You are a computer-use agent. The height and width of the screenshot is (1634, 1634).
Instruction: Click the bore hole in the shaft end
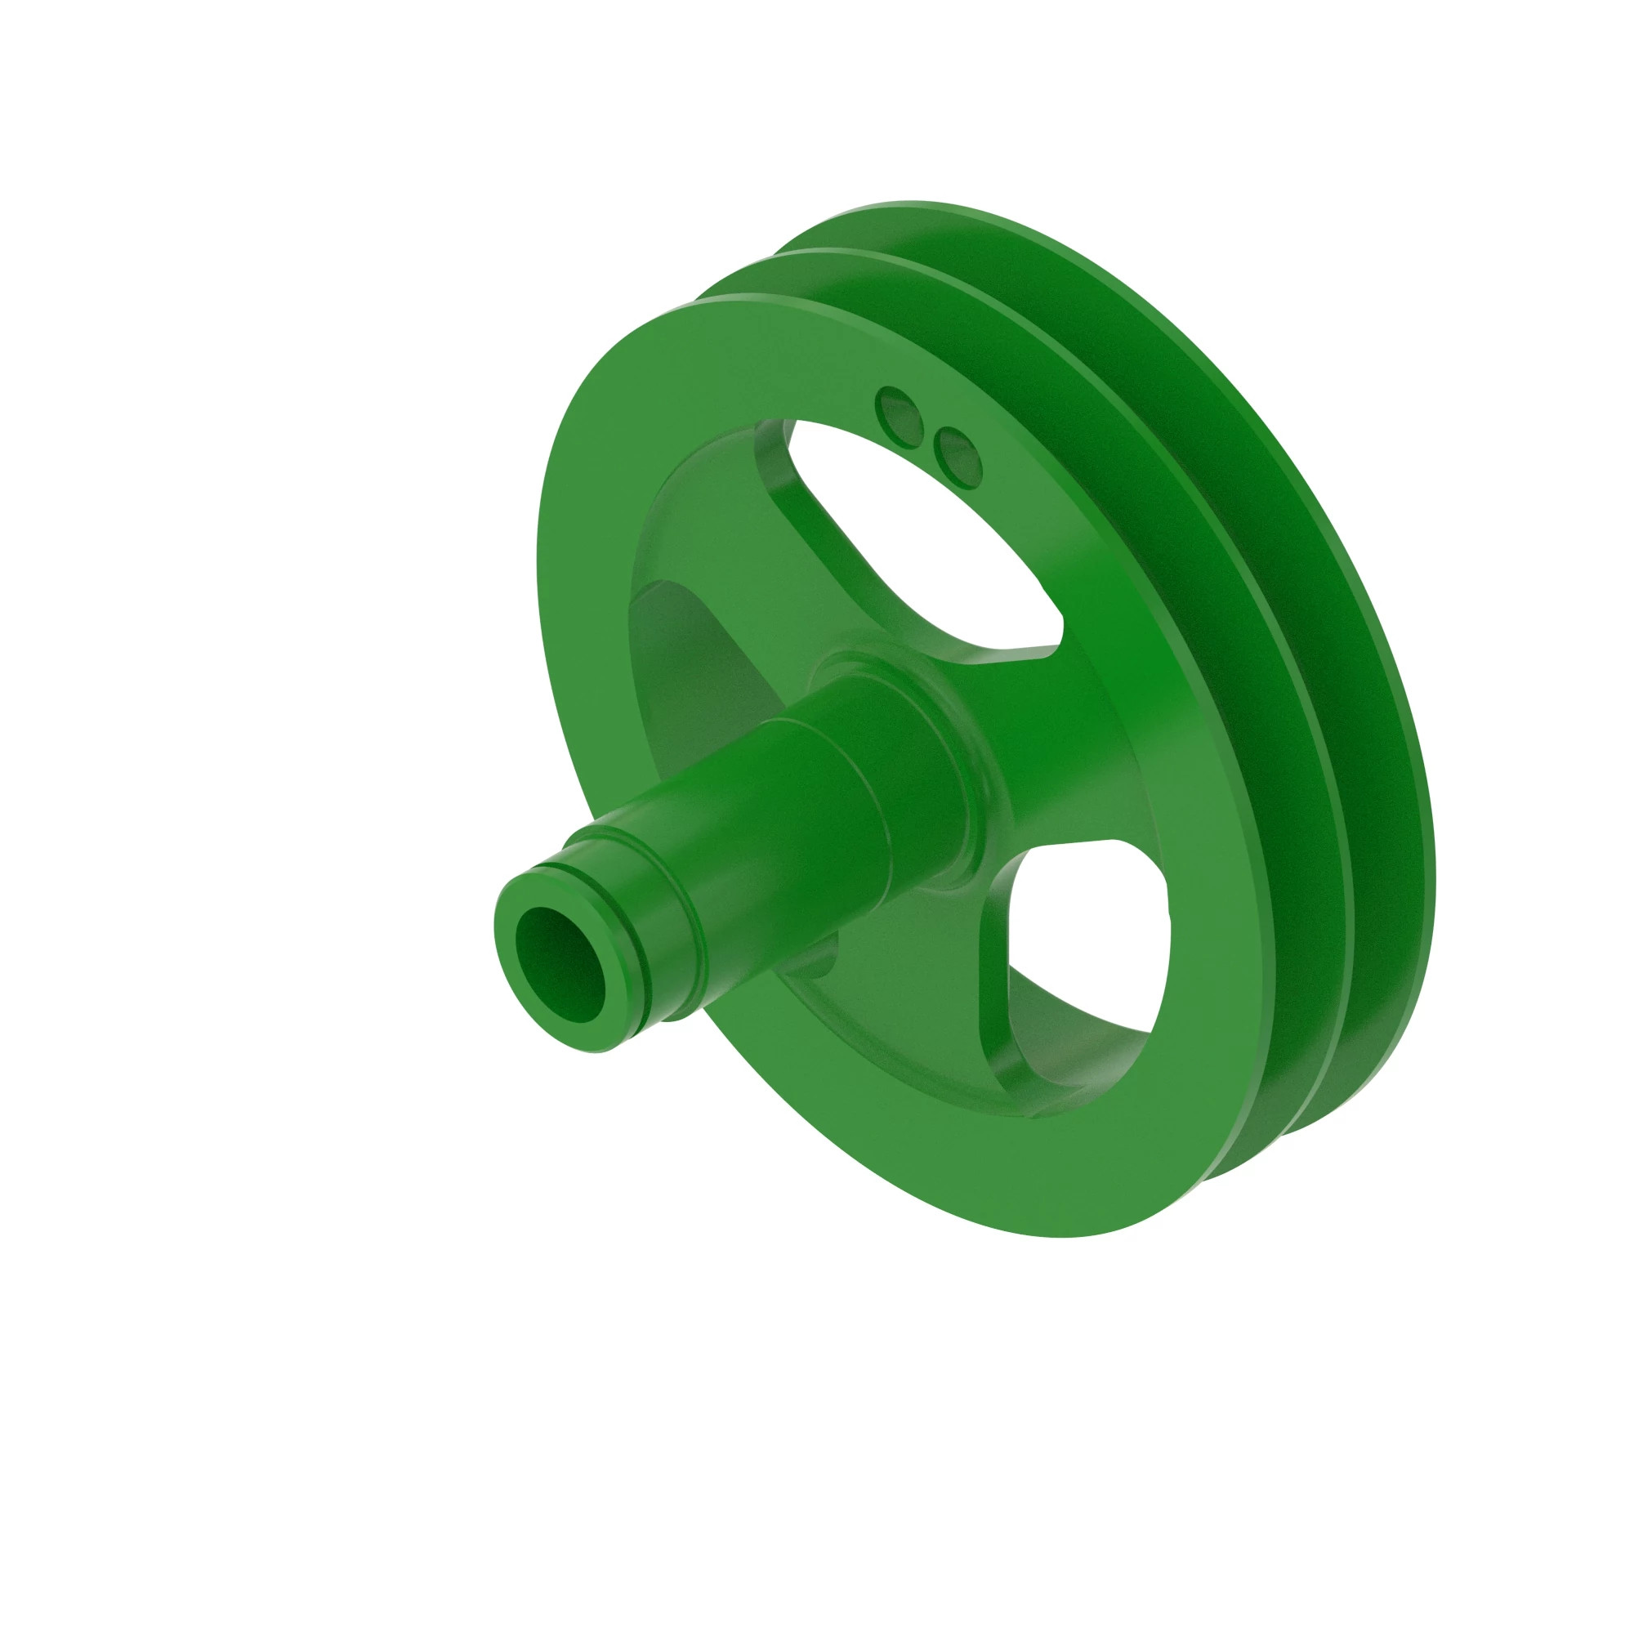coord(560,965)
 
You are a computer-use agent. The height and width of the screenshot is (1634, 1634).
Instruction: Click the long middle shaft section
coord(761,846)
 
